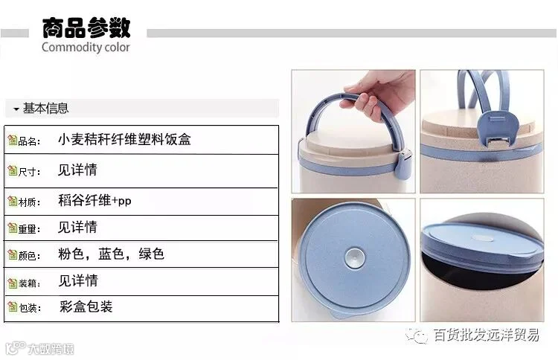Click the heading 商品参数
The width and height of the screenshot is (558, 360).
coord(86,28)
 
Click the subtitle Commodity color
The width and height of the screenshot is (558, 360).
coord(86,48)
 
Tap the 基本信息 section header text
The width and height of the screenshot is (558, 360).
coord(45,108)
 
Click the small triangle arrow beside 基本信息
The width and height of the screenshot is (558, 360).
coord(16,109)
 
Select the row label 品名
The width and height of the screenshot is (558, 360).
coord(28,141)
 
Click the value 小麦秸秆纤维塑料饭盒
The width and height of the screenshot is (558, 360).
coord(124,139)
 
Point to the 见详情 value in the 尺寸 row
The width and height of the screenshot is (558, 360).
coord(77,170)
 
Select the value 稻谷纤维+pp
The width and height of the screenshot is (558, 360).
coord(94,201)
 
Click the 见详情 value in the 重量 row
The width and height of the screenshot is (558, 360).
coord(77,227)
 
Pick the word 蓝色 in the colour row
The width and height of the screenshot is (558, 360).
coord(111,254)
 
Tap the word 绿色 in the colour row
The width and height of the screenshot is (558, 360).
coord(151,254)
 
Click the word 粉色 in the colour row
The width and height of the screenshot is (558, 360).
coord(71,254)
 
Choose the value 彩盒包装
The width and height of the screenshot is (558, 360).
coord(86,306)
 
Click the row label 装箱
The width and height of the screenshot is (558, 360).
coord(28,283)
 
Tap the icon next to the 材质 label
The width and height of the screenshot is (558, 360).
coord(13,201)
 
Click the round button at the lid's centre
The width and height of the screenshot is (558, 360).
coord(354,257)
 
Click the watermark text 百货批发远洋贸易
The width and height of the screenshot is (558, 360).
coord(486,335)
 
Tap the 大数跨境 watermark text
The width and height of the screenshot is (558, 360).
coord(51,349)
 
